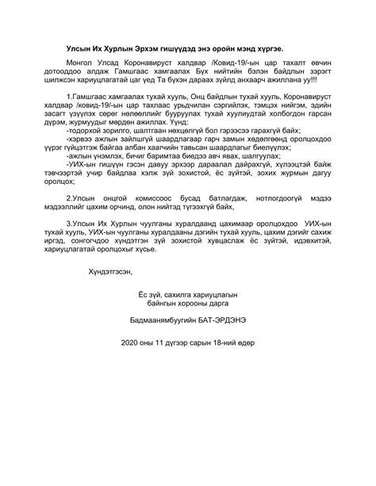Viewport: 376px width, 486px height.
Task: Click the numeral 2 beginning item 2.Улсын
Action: point(70,240)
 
